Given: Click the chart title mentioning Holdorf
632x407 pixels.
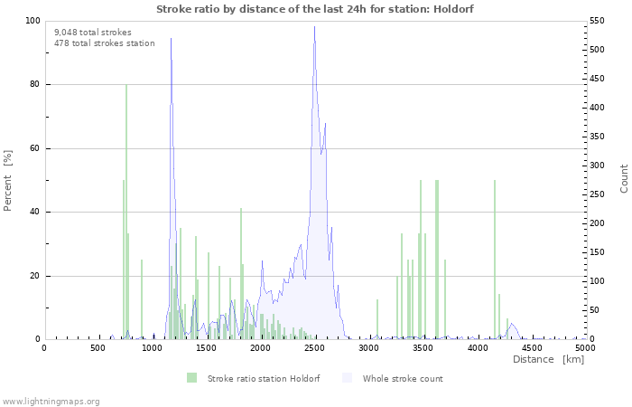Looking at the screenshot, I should pyautogui.click(x=314, y=8).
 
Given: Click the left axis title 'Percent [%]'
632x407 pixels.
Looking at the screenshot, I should pyautogui.click(x=8, y=180).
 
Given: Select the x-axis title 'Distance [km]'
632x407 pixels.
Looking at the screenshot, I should pyautogui.click(x=548, y=359).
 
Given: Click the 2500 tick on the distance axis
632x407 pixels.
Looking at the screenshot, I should pyautogui.click(x=314, y=347).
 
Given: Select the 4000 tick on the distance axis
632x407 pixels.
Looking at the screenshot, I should pyautogui.click(x=477, y=347).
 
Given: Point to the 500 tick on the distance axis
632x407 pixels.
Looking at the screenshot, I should pyautogui.click(x=98, y=347).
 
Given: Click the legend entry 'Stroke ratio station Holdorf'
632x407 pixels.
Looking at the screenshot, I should pyautogui.click(x=253, y=378).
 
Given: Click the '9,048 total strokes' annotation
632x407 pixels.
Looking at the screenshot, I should pyautogui.click(x=92, y=33).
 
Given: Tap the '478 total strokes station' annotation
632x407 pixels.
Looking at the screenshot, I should pyautogui.click(x=104, y=43).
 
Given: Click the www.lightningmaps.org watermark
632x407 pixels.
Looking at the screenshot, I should pyautogui.click(x=51, y=401).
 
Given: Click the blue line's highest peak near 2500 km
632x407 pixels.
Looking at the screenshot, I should pyautogui.click(x=314, y=27).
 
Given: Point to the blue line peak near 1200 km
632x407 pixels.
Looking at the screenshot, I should pyautogui.click(x=171, y=39).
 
